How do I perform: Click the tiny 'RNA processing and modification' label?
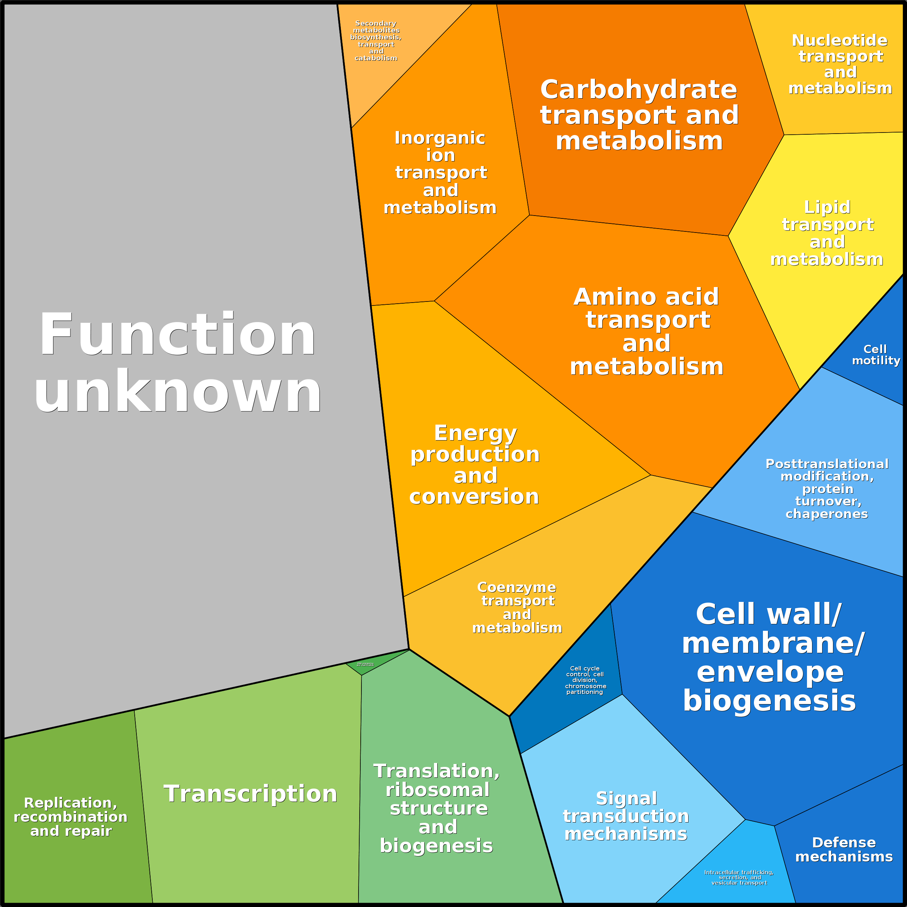click(365, 664)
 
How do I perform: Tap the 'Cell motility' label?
click(876, 355)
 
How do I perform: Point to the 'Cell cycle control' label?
click(585, 680)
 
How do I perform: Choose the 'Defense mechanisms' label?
click(843, 849)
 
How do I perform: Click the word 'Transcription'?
click(250, 793)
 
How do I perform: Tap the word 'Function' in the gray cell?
click(177, 334)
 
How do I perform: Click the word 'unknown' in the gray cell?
click(177, 391)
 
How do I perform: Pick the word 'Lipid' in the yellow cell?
click(827, 207)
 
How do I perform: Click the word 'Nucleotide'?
click(839, 40)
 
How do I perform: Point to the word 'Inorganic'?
click(440, 138)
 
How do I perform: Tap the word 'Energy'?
click(475, 433)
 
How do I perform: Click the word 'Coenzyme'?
click(516, 587)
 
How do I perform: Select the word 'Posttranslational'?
click(827, 464)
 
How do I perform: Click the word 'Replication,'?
click(70, 803)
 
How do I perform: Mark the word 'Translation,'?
click(437, 771)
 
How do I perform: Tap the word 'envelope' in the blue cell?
click(770, 672)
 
